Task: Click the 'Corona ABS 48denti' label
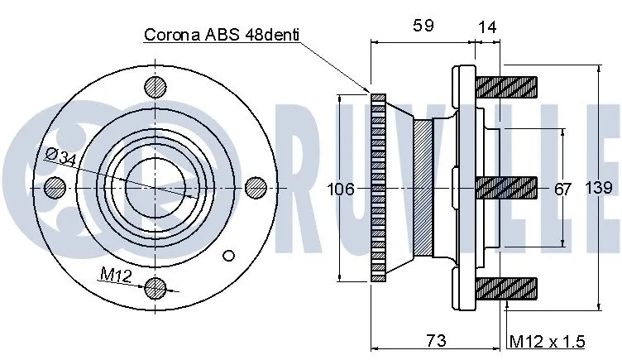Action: click(x=221, y=35)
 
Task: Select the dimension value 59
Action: click(x=423, y=26)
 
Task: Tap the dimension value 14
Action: click(x=488, y=26)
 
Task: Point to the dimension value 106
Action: click(x=341, y=189)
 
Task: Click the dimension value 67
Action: click(x=562, y=189)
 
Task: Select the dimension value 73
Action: click(x=436, y=340)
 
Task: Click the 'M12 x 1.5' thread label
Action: click(x=547, y=341)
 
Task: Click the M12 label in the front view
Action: click(x=116, y=274)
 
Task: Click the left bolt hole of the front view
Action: click(x=55, y=187)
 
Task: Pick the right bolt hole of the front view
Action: click(x=256, y=187)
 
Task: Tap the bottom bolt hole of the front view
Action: click(x=155, y=288)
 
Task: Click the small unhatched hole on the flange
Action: click(x=231, y=255)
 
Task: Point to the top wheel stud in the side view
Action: click(x=507, y=85)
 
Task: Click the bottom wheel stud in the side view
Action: click(x=507, y=288)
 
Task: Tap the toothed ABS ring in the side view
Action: click(x=379, y=187)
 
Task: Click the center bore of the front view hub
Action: click(x=155, y=187)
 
